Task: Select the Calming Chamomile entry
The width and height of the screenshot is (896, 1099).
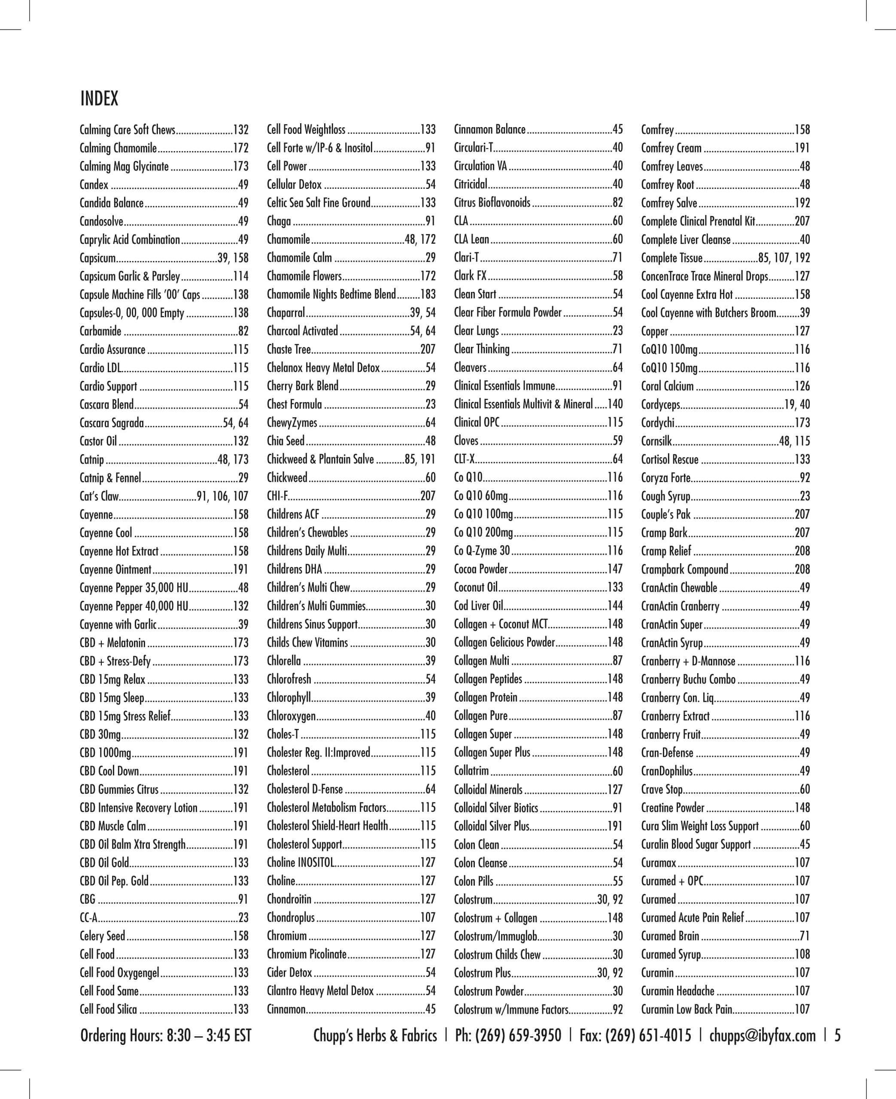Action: (x=118, y=148)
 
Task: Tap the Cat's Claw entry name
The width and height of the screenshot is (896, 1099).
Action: (x=99, y=496)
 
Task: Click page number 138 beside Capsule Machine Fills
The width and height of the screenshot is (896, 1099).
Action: (x=240, y=294)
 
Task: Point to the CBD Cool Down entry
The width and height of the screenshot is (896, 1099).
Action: (x=109, y=771)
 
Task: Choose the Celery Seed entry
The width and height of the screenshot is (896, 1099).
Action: (x=102, y=936)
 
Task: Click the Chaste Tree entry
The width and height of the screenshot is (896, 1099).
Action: (x=289, y=349)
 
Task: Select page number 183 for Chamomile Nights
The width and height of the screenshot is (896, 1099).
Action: (x=428, y=294)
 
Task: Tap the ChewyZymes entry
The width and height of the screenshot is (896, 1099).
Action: (x=292, y=422)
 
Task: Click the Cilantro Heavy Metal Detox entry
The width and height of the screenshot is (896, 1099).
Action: (x=320, y=991)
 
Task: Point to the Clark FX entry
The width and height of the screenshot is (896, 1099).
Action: (x=470, y=276)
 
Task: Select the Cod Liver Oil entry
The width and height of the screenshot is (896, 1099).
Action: (x=478, y=606)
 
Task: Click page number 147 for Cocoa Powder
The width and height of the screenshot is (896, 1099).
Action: (x=615, y=569)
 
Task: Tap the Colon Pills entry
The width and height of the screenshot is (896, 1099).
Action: (x=473, y=881)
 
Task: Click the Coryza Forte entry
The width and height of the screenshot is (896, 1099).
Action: (x=666, y=478)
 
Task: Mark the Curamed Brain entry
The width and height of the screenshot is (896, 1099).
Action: (x=670, y=936)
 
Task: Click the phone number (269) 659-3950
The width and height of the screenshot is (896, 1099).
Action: (x=508, y=1035)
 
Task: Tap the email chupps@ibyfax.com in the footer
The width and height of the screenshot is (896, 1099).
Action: (x=762, y=1035)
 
